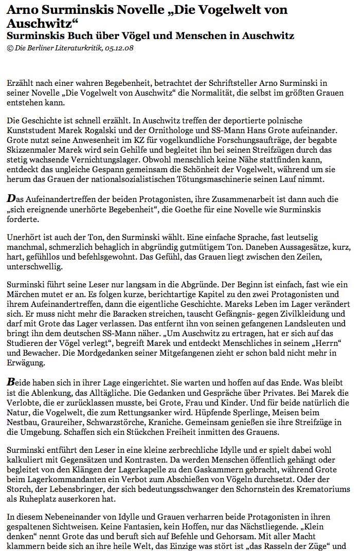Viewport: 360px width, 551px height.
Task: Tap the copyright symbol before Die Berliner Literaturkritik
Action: (x=10, y=48)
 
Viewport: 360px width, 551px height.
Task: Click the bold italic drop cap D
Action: (x=11, y=197)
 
